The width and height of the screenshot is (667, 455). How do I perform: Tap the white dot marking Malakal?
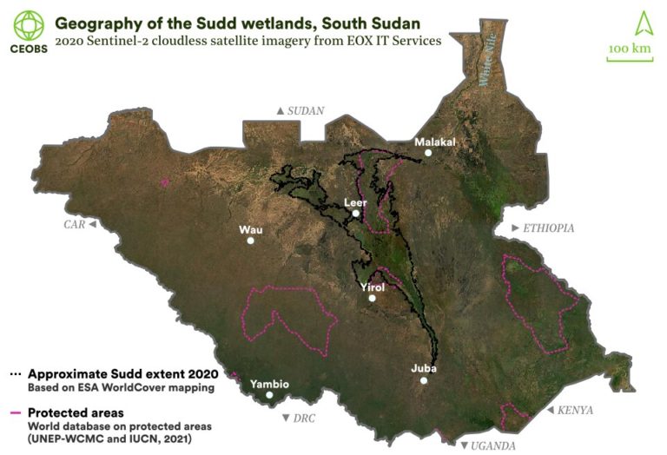coord(427,153)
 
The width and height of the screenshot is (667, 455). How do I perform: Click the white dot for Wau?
coord(250,241)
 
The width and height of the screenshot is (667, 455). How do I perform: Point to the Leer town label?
coord(356,203)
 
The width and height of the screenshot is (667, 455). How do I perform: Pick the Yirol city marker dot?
coord(372,299)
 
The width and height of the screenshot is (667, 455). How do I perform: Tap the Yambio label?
coord(269,384)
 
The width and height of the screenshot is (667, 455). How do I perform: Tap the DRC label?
coord(303,419)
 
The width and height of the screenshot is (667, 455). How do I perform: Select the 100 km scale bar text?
coord(630,49)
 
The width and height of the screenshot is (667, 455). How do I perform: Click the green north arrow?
coord(630,21)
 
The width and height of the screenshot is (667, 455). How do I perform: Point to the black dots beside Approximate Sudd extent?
coord(14,373)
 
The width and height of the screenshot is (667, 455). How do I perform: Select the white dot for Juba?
coord(424,380)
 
